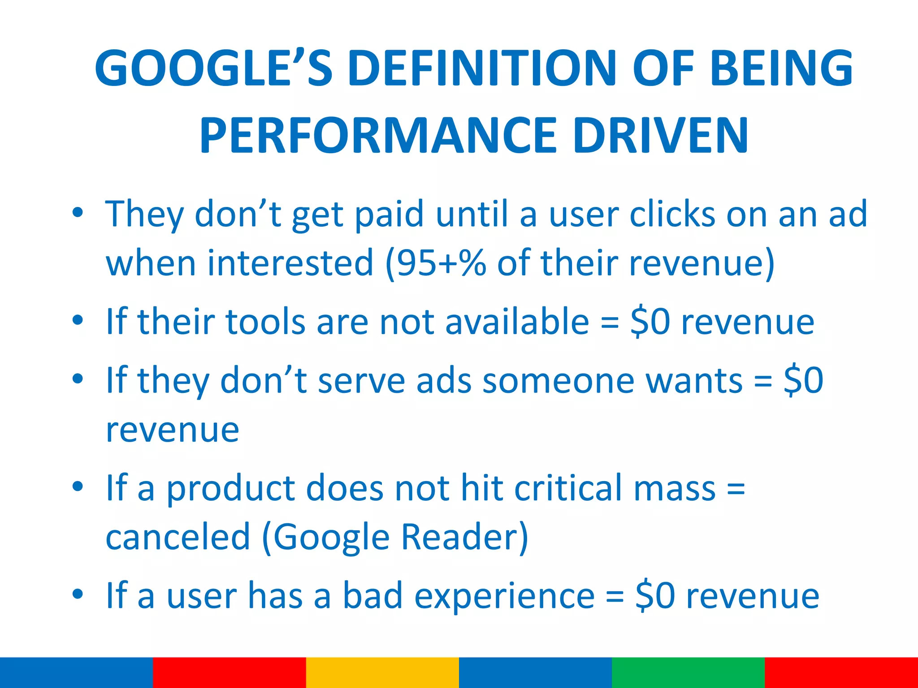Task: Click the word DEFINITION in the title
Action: tap(482, 68)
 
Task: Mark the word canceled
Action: tap(178, 537)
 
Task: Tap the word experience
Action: tap(504, 596)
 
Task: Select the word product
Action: tap(231, 489)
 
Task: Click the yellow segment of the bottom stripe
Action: tap(382, 672)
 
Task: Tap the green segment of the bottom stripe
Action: tap(688, 672)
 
